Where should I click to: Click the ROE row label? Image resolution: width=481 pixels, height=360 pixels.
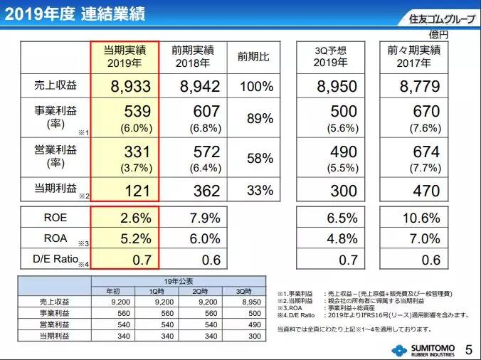[x=55, y=218]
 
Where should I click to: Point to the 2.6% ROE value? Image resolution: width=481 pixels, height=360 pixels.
[x=135, y=218]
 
